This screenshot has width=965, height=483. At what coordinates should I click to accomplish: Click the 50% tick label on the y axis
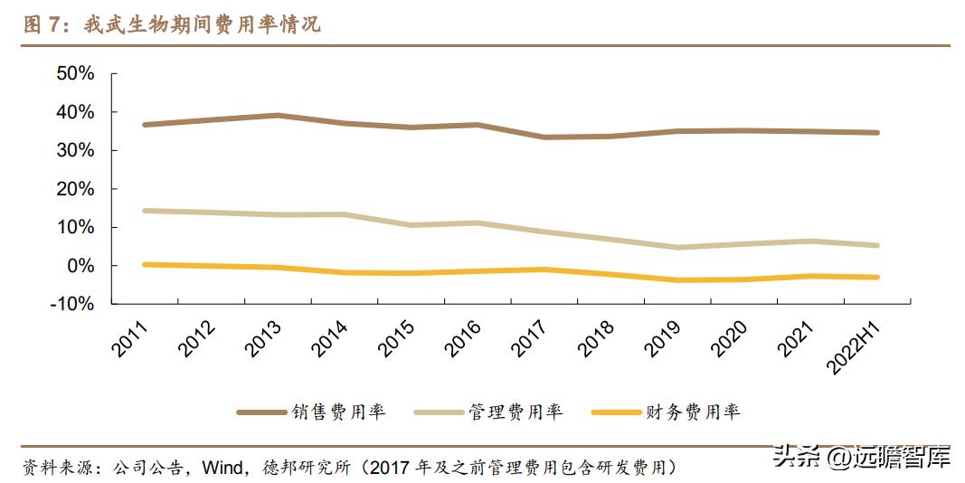click(75, 73)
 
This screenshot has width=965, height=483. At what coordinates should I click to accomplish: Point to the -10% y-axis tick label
click(71, 304)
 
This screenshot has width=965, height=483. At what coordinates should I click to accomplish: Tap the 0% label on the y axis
click(80, 266)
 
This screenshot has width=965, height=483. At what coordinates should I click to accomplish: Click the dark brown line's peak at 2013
click(279, 115)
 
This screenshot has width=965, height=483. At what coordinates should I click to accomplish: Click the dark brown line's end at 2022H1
click(877, 132)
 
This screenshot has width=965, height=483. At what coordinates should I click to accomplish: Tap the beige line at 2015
click(412, 225)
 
